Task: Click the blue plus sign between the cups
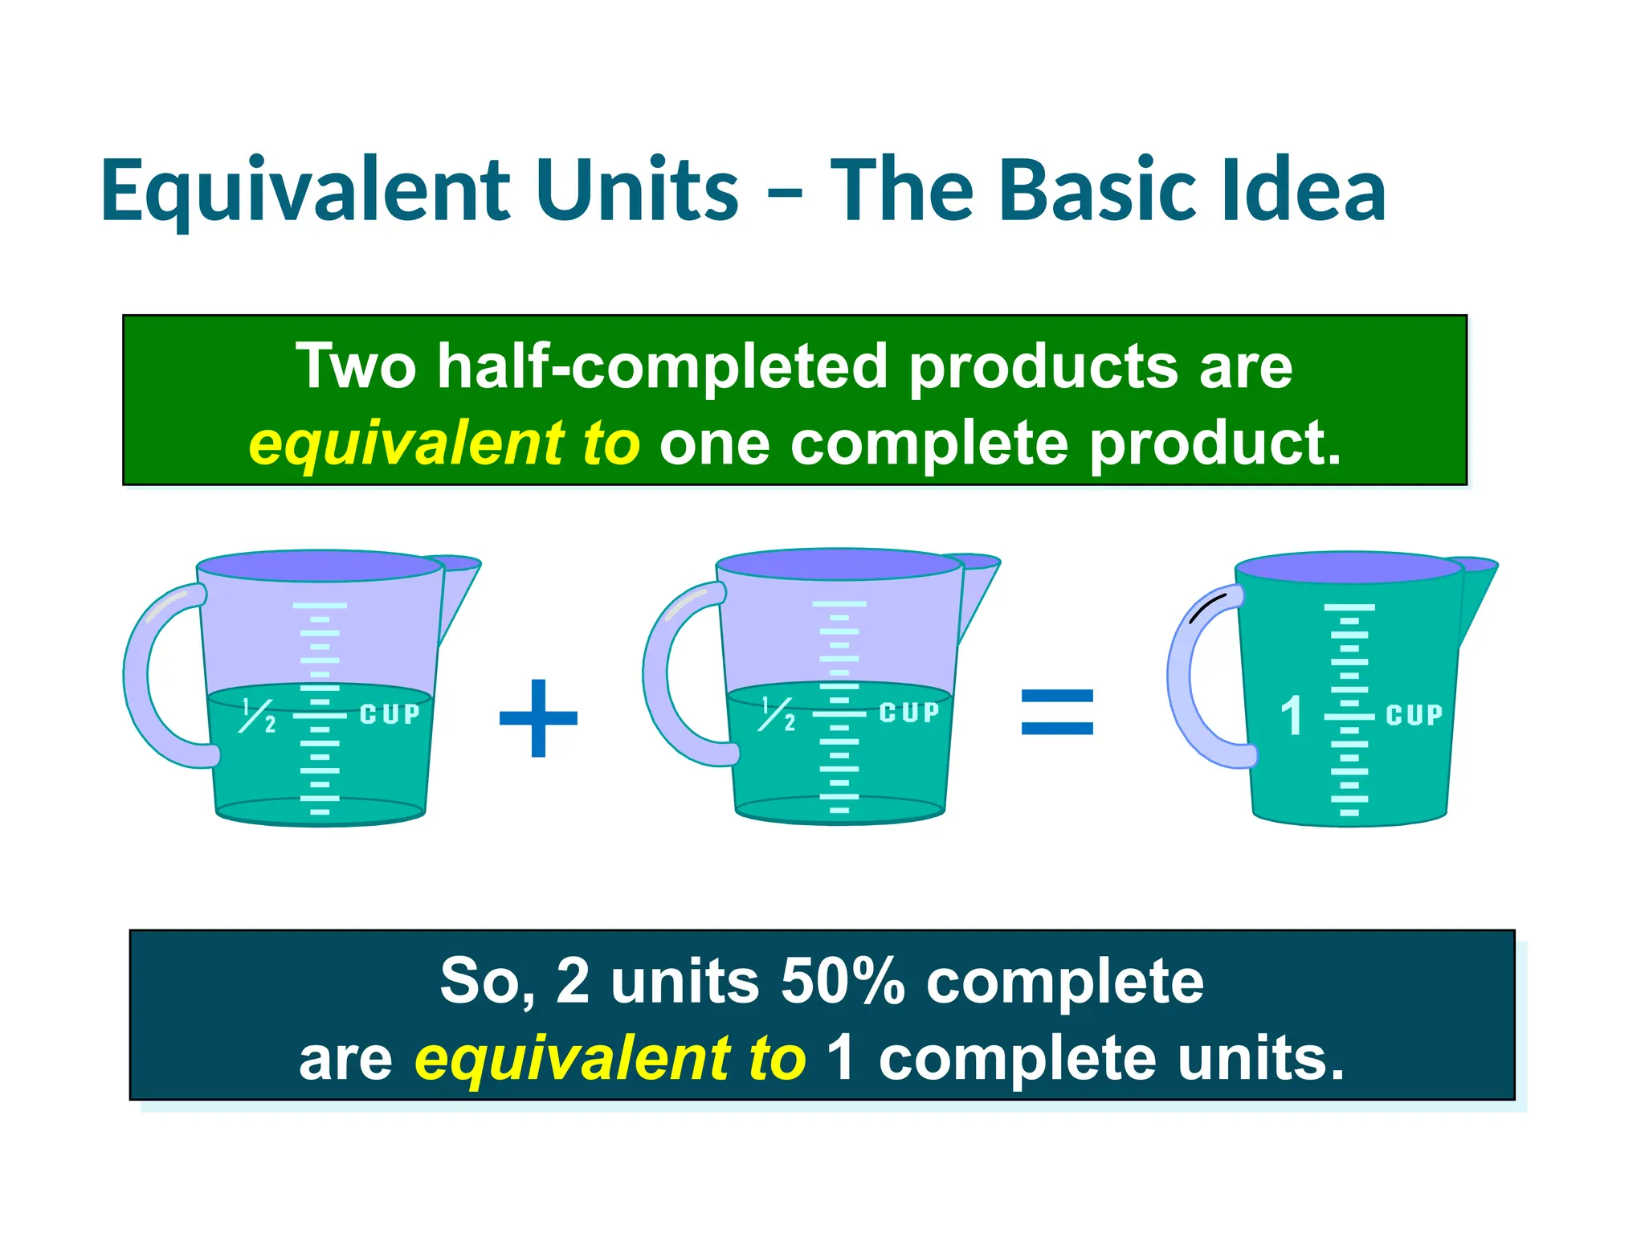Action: pyautogui.click(x=538, y=717)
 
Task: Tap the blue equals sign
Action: pyautogui.click(x=1056, y=712)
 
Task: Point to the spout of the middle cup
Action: pyautogui.click(x=980, y=586)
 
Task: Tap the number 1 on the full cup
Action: pyautogui.click(x=1291, y=715)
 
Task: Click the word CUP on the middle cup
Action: pyautogui.click(x=908, y=713)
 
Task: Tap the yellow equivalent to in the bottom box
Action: pyautogui.click(x=609, y=1058)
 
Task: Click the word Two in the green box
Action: pyautogui.click(x=356, y=366)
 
